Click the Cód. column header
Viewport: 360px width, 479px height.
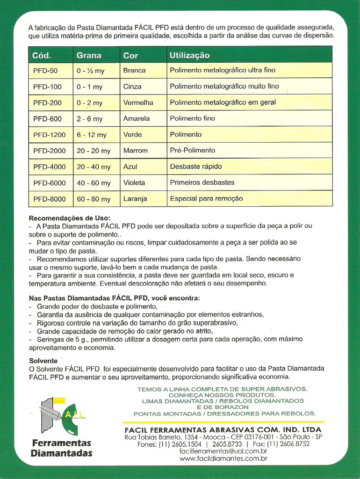42,55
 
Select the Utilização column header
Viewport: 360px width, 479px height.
189,55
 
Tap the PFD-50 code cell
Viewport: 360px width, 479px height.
45,71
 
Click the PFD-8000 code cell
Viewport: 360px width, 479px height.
49,199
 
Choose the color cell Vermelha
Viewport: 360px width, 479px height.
138,102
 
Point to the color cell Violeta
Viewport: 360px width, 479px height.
134,182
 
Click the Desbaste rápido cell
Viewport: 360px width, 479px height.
196,167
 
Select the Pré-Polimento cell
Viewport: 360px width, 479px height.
193,151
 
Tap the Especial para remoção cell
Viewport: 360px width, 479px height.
206,199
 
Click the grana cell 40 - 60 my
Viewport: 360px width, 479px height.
94,183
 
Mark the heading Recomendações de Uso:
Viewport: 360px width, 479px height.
70,218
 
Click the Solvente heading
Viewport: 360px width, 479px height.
43,361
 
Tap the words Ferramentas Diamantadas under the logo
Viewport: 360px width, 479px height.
61,448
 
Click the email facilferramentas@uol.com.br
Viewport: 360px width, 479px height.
223,451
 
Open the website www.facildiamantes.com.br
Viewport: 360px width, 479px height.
223,459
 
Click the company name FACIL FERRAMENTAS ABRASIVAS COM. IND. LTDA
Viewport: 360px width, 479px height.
223,429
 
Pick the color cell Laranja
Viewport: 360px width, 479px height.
135,199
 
